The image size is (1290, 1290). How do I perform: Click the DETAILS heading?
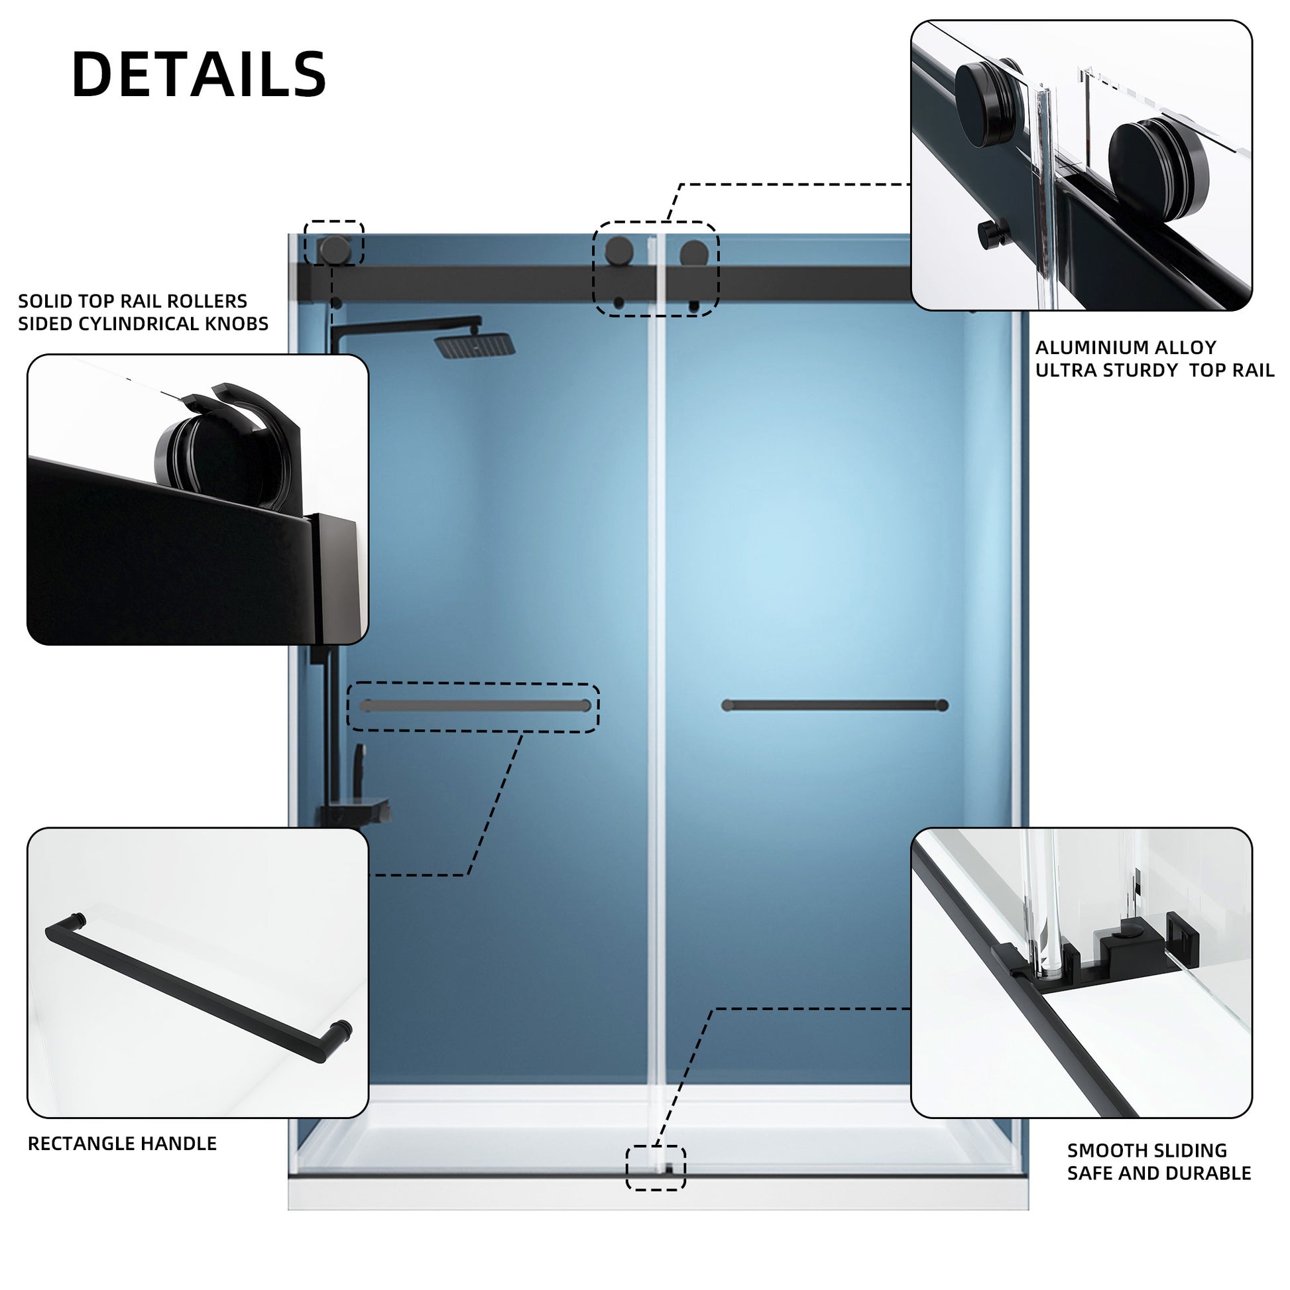coord(199,74)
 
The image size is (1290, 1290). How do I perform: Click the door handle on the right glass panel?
coord(835,705)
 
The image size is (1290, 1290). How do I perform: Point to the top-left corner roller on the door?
coord(335,249)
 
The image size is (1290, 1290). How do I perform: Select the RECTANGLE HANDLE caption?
coord(122,1143)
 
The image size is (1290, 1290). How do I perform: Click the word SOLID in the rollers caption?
coord(42,301)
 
